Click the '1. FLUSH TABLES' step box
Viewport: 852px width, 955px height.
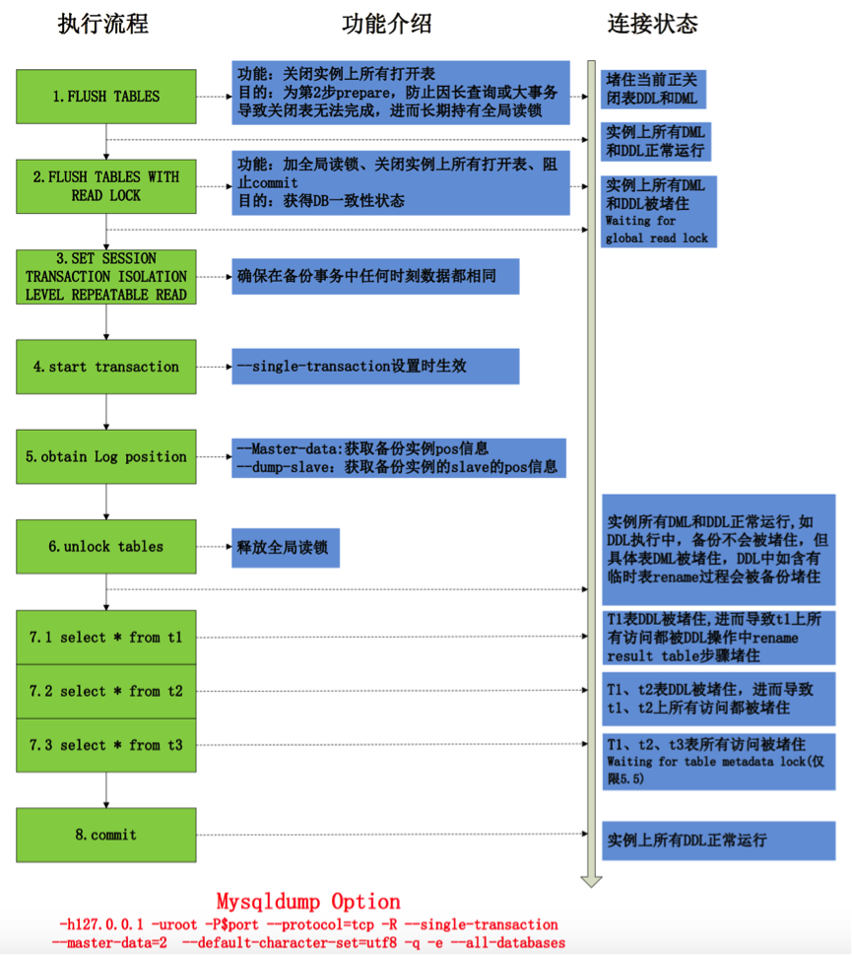tap(106, 97)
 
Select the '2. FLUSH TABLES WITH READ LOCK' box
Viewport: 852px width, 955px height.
tap(106, 186)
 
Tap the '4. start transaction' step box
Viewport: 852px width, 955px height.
tap(106, 367)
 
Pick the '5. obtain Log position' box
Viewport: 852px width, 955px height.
tap(106, 456)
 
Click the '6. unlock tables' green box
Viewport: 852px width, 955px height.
tap(106, 546)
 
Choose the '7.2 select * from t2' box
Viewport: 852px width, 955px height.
tap(106, 691)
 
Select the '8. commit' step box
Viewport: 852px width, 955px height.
tap(106, 835)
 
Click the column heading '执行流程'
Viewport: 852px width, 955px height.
tap(102, 25)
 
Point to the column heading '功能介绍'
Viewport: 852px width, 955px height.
tap(386, 25)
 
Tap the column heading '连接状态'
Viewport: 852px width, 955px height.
tap(652, 25)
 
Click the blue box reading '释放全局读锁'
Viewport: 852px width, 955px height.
tap(286, 548)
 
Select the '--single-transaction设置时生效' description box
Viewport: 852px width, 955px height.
tap(375, 366)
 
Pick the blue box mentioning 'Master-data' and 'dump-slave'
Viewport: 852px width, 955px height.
tap(399, 458)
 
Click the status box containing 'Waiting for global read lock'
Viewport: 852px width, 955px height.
tap(659, 211)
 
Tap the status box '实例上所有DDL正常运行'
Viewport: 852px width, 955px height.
tap(719, 841)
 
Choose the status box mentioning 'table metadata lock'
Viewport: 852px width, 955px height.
tap(719, 761)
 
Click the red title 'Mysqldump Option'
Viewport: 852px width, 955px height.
tap(308, 902)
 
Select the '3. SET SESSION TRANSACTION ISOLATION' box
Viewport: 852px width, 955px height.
tap(106, 277)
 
